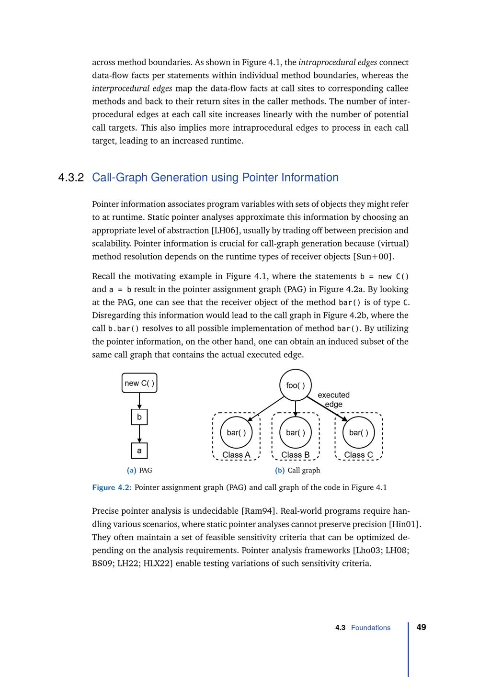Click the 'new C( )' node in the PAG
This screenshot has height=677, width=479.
click(x=139, y=383)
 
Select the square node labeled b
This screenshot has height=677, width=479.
click(x=139, y=417)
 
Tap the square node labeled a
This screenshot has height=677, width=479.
click(x=139, y=451)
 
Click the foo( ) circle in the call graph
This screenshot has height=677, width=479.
click(x=296, y=385)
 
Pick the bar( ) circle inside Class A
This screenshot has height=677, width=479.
click(x=236, y=432)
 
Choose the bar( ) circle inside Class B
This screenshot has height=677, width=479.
click(x=296, y=432)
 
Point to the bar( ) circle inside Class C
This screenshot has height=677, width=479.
click(x=359, y=432)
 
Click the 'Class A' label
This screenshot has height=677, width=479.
click(x=236, y=455)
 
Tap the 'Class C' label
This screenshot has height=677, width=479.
click(x=358, y=455)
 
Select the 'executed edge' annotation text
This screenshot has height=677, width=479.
click(x=334, y=399)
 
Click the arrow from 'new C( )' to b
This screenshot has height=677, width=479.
click(x=139, y=401)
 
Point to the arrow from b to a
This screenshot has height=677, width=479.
click(x=139, y=434)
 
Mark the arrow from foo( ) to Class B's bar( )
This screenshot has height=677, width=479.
click(x=296, y=408)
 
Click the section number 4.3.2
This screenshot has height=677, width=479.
click(x=71, y=178)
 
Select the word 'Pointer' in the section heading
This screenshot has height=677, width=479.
click(x=260, y=178)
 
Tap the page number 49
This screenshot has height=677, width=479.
click(x=422, y=627)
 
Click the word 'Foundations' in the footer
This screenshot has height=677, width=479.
click(x=371, y=628)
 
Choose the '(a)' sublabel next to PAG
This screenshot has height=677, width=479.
click(x=132, y=471)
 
